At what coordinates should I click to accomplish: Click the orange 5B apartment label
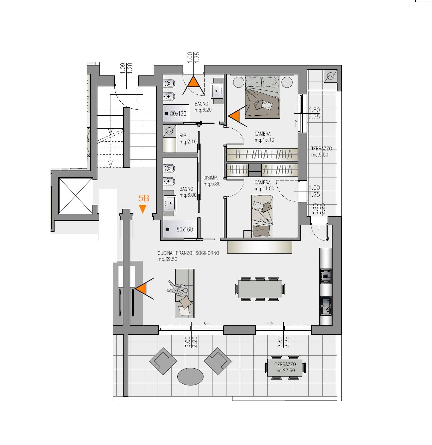coord(144,198)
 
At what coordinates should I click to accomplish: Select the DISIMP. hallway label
coord(212,181)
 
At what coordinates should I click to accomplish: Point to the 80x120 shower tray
coord(176,113)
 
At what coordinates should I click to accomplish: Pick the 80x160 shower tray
coord(180,229)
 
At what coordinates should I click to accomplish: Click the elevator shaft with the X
coord(75,196)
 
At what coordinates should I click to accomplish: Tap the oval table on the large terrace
coord(190,377)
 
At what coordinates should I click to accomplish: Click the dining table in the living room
coord(260,289)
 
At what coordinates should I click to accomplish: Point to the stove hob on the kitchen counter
coord(326,276)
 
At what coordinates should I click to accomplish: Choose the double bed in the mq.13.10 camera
coord(262,97)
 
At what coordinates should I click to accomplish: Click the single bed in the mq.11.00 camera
coord(262,216)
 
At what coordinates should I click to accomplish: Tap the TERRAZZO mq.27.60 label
coord(285,368)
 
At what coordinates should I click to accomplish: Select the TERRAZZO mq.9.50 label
coord(321,152)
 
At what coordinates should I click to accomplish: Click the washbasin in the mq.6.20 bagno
coord(216,91)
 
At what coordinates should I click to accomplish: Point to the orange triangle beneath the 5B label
coord(143,209)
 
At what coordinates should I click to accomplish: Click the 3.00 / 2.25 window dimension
coord(191,342)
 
